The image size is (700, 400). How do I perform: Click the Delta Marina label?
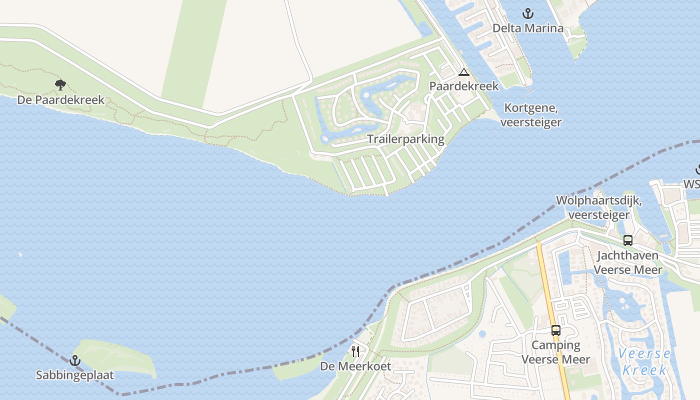click(x=528, y=28)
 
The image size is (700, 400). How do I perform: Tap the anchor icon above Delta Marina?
click(x=528, y=13)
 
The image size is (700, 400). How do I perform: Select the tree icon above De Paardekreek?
click(x=60, y=85)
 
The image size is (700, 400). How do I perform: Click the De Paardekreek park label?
click(x=61, y=100)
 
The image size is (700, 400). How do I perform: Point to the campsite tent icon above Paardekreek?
click(x=464, y=72)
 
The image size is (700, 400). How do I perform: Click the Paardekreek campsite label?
click(x=464, y=86)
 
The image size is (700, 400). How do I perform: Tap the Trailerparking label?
click(x=406, y=139)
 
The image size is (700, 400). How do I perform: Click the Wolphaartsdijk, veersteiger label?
click(x=599, y=207)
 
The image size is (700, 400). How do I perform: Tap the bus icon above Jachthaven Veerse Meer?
click(x=628, y=240)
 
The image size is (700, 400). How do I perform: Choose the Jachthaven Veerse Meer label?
click(x=628, y=262)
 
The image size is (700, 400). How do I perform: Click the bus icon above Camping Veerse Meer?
click(x=556, y=330)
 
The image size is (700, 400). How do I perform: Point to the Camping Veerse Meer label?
click(x=556, y=352)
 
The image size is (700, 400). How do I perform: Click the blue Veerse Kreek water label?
click(x=645, y=362)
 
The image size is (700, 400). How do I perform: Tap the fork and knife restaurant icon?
click(x=355, y=351)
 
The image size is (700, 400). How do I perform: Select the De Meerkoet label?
click(x=355, y=366)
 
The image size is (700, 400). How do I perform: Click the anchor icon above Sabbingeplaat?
click(x=75, y=360)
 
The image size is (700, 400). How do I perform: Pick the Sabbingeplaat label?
click(x=75, y=375)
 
